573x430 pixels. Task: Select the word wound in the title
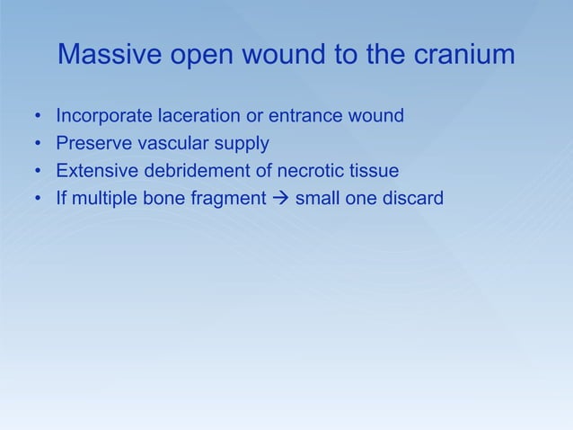tap(289, 56)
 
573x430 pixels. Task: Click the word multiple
tap(101, 197)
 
